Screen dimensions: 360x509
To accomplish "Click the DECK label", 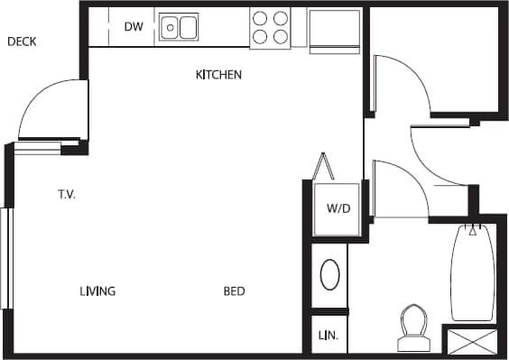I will [x=21, y=42].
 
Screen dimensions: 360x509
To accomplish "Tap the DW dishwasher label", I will [x=134, y=27].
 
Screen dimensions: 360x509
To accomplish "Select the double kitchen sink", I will [x=180, y=27].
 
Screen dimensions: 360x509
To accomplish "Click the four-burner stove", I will [x=270, y=27].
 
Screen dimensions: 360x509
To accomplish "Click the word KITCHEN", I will [x=218, y=75].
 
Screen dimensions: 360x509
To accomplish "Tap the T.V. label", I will [x=67, y=194].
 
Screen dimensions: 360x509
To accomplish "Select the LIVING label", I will [x=97, y=291].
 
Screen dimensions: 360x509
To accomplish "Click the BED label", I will [x=235, y=291].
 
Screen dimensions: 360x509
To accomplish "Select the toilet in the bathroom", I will [x=414, y=327].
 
